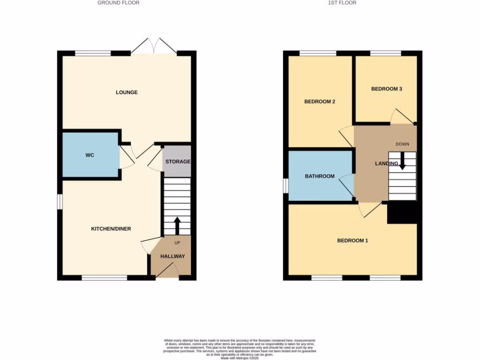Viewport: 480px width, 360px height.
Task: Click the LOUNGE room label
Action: [127, 92]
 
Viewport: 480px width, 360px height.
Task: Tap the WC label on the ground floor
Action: [90, 155]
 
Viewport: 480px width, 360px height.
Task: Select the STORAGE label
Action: [178, 162]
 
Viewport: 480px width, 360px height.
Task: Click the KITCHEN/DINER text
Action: [111, 229]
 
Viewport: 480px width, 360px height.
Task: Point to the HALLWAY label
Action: [172, 256]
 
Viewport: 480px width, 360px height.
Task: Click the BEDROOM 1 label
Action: [352, 240]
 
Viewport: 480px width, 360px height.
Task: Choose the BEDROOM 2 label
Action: [319, 101]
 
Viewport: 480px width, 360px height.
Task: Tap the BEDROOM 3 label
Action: [386, 89]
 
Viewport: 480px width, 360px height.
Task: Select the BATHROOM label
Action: [320, 176]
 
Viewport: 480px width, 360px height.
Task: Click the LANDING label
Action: [386, 164]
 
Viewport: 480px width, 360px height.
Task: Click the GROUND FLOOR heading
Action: [118, 3]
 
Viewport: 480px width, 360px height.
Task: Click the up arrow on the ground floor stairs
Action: [177, 225]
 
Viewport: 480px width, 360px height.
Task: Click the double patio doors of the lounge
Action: [154, 46]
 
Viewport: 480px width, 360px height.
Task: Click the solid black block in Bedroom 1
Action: [402, 213]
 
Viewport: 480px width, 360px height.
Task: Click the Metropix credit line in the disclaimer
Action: [240, 358]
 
